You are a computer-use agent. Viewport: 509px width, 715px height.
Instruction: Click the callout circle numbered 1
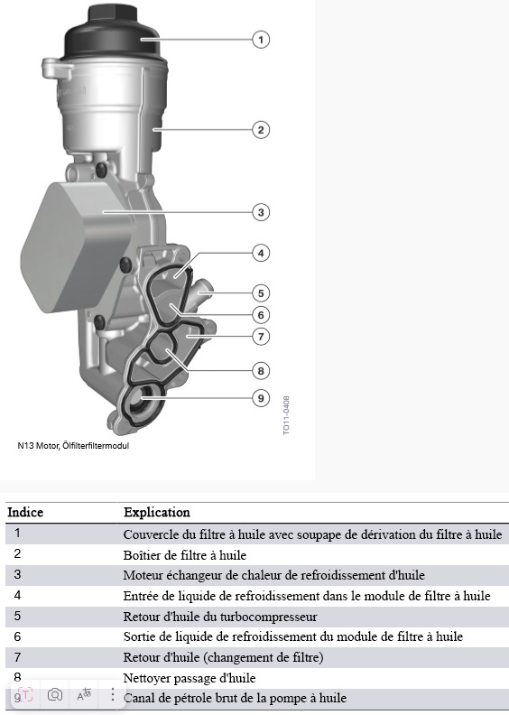click(261, 40)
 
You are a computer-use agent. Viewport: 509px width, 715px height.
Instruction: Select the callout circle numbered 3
click(261, 212)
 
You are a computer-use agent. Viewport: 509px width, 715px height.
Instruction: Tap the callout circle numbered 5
click(261, 293)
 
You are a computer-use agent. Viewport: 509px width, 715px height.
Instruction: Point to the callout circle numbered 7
click(261, 337)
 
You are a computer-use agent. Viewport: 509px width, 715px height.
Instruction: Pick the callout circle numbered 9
click(261, 398)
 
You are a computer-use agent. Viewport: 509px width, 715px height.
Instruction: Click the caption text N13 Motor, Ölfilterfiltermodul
click(73, 445)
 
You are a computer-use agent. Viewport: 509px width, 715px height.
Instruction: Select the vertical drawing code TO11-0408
click(286, 415)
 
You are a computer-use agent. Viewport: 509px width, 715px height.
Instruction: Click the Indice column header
click(25, 512)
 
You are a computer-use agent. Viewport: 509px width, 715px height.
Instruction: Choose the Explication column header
click(157, 512)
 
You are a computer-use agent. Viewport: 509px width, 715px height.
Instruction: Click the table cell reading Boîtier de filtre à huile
click(184, 555)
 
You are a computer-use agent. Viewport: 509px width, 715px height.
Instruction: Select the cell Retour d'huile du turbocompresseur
click(220, 617)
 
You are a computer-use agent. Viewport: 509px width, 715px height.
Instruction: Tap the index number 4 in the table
click(17, 595)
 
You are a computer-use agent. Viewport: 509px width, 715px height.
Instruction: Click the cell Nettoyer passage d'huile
click(190, 678)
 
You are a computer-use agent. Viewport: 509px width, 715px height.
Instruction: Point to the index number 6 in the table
click(17, 636)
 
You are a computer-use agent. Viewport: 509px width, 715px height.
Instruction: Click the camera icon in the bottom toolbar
click(55, 695)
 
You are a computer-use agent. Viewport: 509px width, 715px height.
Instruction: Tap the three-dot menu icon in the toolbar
click(113, 694)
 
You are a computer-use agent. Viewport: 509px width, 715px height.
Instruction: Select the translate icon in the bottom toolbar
click(84, 694)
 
